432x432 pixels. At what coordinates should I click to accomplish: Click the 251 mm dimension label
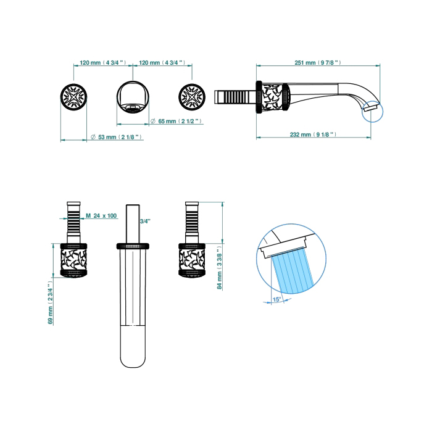click(x=318, y=62)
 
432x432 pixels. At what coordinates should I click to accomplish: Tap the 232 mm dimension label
click(x=313, y=135)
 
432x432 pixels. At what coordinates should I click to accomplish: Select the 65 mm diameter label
click(x=177, y=121)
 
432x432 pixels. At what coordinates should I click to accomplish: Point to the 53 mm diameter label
click(x=116, y=137)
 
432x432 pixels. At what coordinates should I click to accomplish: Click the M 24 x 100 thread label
click(x=101, y=215)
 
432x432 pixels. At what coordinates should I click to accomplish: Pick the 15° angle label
click(x=277, y=299)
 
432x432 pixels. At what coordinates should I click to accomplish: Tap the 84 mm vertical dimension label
click(x=220, y=268)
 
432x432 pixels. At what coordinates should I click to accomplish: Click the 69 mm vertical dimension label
click(x=50, y=303)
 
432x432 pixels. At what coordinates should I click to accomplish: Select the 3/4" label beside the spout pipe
click(x=145, y=221)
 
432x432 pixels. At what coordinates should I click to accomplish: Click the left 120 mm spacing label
click(x=103, y=62)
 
